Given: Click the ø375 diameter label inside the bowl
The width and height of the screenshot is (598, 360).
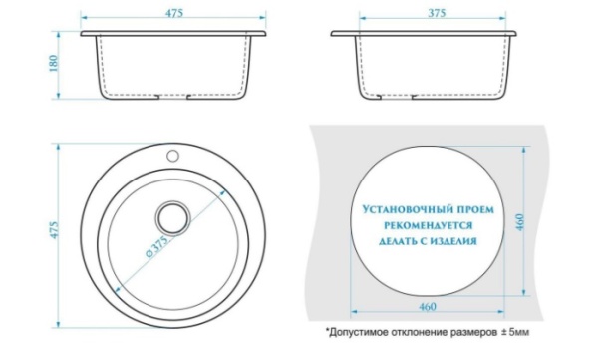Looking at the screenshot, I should pos(157,249).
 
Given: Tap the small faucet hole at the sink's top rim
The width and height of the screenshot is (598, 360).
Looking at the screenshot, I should pos(171,156).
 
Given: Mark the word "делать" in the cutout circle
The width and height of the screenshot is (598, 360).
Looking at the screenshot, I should pos(390,241).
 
